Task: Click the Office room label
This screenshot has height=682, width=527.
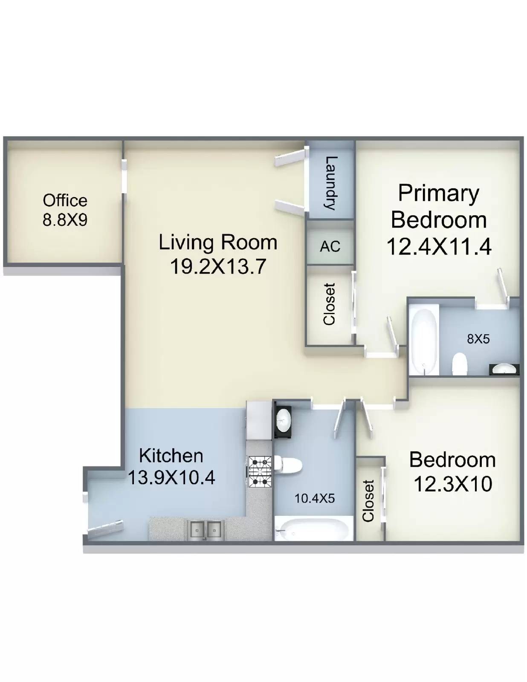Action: [x=65, y=201]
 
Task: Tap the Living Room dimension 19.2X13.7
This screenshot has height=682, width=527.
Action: [x=218, y=267]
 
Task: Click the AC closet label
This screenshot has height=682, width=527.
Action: [x=330, y=247]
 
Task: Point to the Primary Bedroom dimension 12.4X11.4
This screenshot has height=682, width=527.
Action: [x=439, y=246]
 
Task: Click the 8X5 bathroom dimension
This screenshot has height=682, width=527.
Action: [x=478, y=339]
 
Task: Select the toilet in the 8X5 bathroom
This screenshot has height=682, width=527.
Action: [x=460, y=364]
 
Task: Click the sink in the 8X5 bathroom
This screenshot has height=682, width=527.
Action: [x=504, y=369]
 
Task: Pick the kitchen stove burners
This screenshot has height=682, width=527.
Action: [x=260, y=472]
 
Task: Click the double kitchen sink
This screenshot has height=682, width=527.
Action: [x=206, y=530]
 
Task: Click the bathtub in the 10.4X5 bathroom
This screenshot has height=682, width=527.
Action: [x=312, y=529]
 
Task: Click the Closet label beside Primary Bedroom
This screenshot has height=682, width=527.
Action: [x=330, y=304]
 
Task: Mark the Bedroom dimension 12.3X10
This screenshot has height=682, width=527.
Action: [x=453, y=484]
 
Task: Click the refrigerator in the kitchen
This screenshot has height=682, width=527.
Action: [x=259, y=420]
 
